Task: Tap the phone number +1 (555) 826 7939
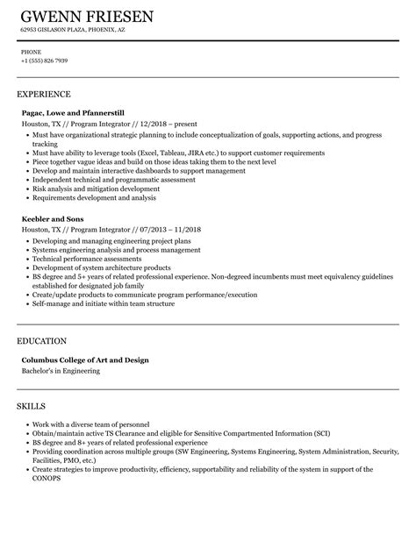pos(45,61)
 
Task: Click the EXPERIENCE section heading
pos(44,94)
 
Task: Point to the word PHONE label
pos(30,51)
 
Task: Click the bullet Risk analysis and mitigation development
pos(92,189)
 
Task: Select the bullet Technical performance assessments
pos(86,260)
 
